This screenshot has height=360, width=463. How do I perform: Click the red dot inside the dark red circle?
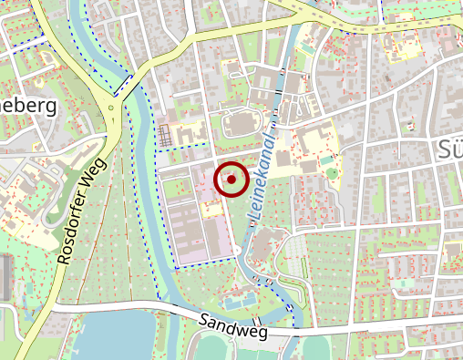click(x=231, y=180)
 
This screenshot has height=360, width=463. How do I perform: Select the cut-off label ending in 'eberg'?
click(x=27, y=106)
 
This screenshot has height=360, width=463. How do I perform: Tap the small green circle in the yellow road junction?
click(x=111, y=108)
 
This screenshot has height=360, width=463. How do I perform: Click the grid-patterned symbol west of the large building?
click(x=165, y=135)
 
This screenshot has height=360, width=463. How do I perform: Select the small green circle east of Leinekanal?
click(x=332, y=172)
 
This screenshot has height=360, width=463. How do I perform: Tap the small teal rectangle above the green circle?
click(x=326, y=159)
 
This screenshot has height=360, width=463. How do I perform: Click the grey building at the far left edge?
click(x=5, y=278)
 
